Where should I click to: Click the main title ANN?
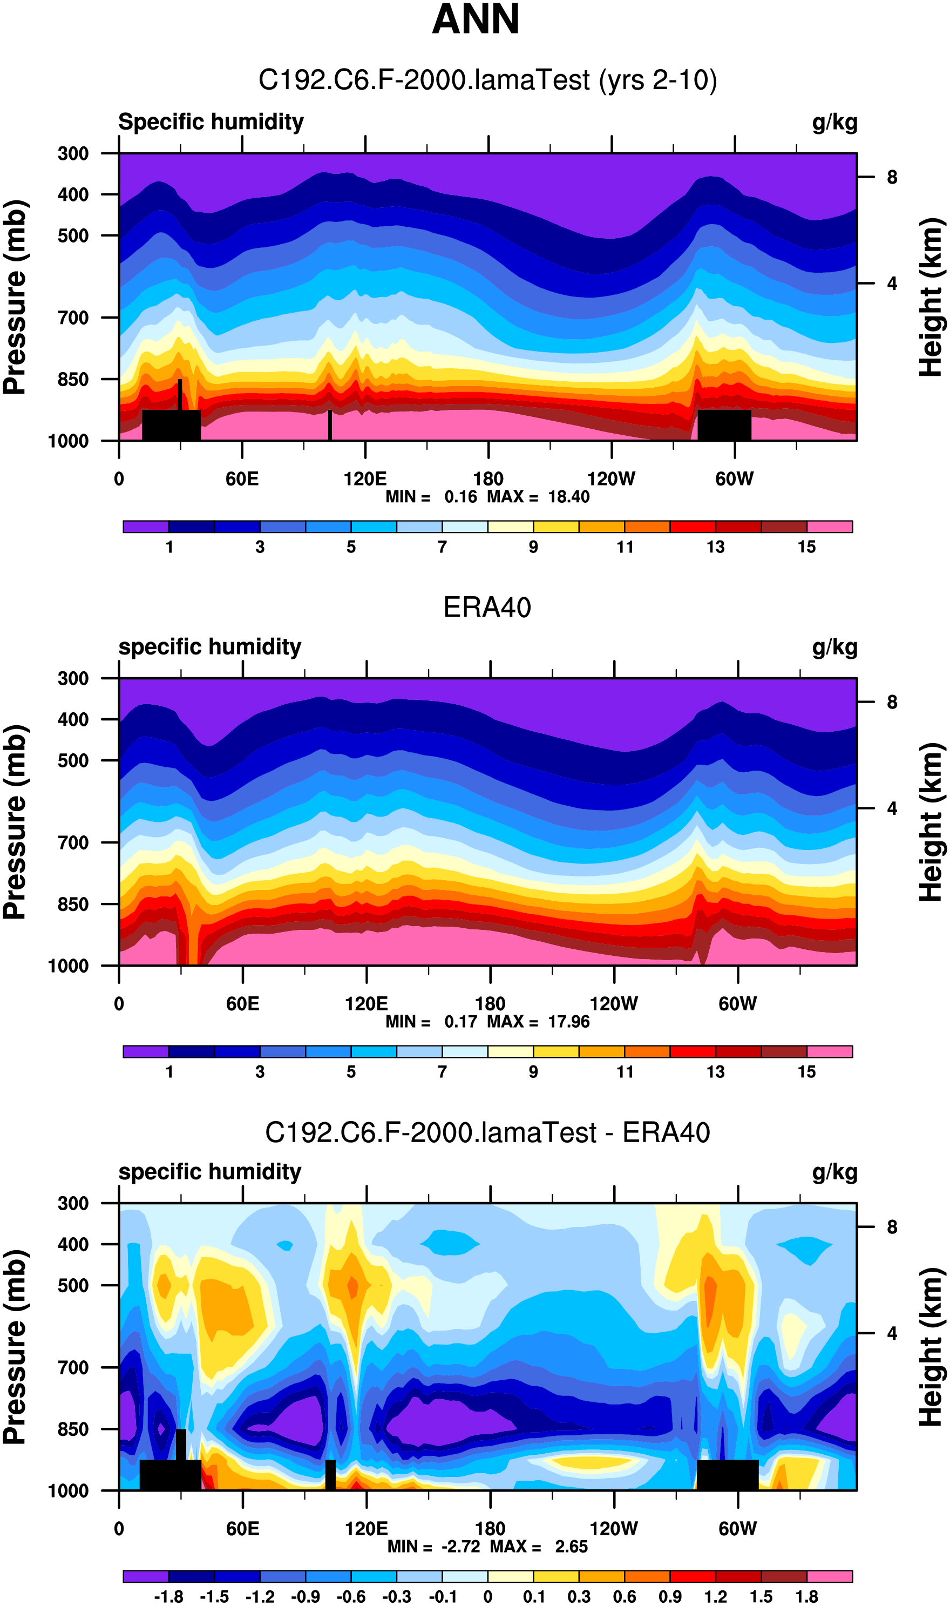click(x=475, y=19)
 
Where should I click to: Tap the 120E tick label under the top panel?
click(x=365, y=479)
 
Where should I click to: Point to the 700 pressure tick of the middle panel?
click(x=73, y=843)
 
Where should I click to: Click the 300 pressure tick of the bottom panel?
click(x=73, y=1204)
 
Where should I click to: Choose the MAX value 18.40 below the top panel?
click(x=568, y=497)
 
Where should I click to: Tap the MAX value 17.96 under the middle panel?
click(x=568, y=1022)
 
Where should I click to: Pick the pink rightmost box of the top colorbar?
click(x=829, y=527)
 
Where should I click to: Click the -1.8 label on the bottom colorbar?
click(x=168, y=1597)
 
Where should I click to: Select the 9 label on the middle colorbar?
click(x=533, y=1072)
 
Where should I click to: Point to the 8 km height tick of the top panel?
click(x=892, y=177)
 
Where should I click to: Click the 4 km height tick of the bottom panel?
click(x=892, y=1334)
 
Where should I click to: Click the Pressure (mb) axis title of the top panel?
click(x=15, y=296)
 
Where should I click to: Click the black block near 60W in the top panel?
click(x=724, y=424)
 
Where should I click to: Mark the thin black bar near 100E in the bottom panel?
click(x=330, y=1474)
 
